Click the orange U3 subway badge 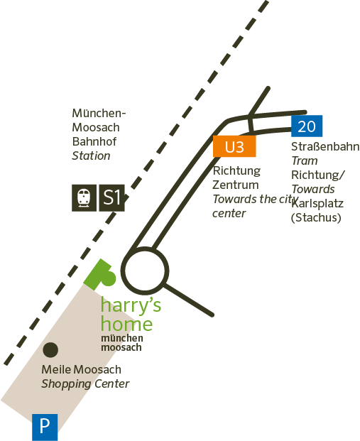234,146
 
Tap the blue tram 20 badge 307,126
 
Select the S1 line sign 112,197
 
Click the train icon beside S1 84,197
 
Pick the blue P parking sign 45,427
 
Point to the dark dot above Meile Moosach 50,350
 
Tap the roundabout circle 145,271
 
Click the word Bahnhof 94,141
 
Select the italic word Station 91,156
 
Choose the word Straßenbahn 325,146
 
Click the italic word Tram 305,161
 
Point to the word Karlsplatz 317,204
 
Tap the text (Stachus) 316,218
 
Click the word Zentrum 236,185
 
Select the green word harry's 131,305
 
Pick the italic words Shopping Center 85,384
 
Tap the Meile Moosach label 81,369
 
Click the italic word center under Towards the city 229,214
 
